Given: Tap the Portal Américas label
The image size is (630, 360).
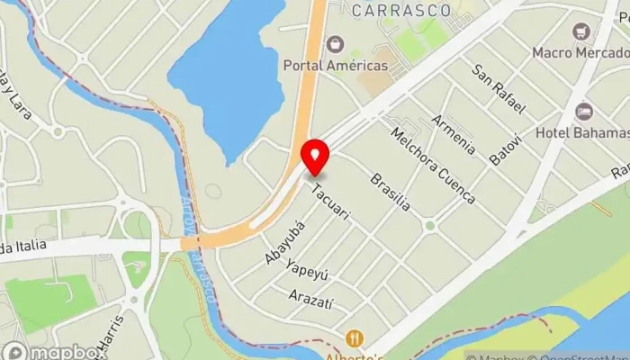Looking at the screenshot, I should [335, 65].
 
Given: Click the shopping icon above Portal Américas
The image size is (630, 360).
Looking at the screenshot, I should [335, 43].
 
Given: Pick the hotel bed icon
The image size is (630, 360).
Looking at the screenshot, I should [584, 112].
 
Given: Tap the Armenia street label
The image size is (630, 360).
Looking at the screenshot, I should [452, 134].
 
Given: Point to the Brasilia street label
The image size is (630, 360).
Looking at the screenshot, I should [390, 192].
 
